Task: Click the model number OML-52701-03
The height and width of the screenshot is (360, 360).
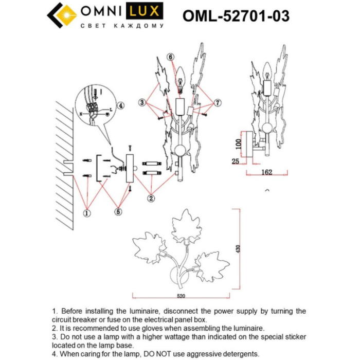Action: point(236,16)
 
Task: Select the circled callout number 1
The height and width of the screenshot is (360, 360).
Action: point(87,211)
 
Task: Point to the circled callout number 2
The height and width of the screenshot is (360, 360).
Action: point(151,197)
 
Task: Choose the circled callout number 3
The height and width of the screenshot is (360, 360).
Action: point(142,103)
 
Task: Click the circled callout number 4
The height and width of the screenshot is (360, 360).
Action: point(120,106)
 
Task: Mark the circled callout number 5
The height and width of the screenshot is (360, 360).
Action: point(118,211)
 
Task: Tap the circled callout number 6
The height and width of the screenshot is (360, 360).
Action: point(171,57)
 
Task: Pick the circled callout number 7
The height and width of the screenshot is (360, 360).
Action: point(218,103)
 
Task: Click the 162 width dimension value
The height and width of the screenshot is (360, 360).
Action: point(266,172)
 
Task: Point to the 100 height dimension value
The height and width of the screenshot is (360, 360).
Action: point(239,143)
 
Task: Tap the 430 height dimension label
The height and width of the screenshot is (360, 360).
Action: point(238,249)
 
